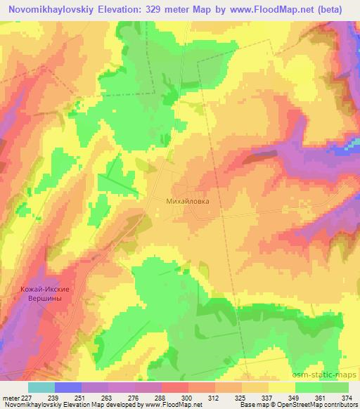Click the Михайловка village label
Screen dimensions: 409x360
[x=187, y=200]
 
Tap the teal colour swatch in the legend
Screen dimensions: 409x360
[x=41, y=387]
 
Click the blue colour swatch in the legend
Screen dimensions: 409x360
[x=68, y=387]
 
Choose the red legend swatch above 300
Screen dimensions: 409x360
[x=175, y=387]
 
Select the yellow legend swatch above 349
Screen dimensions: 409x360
[x=282, y=387]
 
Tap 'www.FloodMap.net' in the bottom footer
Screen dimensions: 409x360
[x=168, y=405]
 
